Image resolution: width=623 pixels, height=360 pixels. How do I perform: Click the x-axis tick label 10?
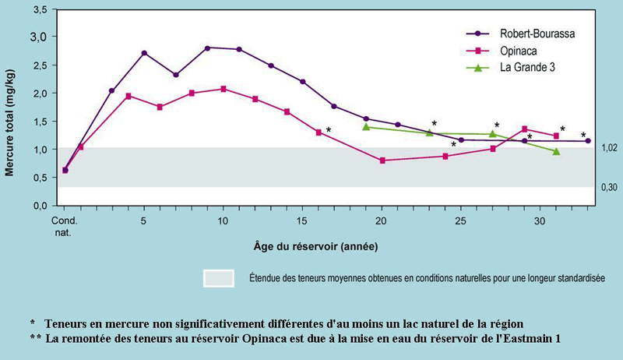click(x=223, y=221)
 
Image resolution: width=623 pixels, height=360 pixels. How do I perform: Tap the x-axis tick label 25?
click(x=461, y=221)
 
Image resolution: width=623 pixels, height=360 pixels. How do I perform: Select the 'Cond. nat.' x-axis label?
click(x=65, y=226)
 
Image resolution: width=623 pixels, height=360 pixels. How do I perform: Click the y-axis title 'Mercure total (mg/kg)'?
click(x=10, y=109)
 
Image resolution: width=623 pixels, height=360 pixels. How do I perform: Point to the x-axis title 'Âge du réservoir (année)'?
click(x=316, y=247)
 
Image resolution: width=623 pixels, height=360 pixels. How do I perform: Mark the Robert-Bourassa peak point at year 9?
click(x=207, y=48)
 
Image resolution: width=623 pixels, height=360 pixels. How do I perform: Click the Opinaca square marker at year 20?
click(x=382, y=161)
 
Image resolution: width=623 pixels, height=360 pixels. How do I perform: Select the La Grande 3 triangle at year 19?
click(x=366, y=126)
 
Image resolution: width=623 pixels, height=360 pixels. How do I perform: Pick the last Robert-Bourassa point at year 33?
click(x=588, y=141)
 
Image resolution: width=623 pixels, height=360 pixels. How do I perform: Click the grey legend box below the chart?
click(x=219, y=278)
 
